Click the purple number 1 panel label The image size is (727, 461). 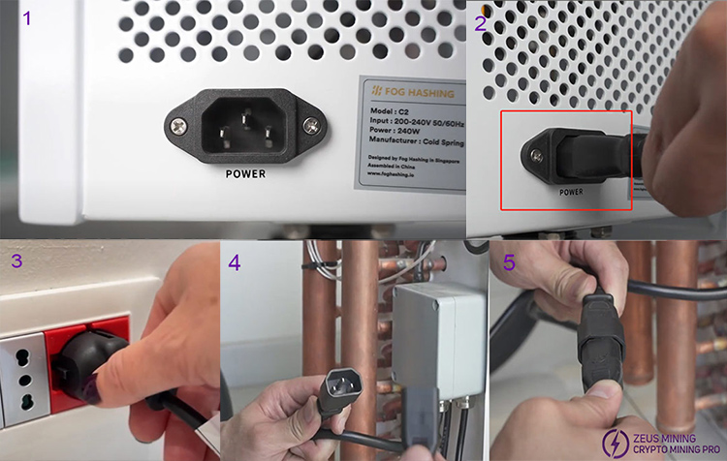[x=27, y=18]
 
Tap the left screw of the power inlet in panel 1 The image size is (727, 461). [x=179, y=124]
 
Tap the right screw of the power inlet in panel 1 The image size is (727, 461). [x=309, y=125]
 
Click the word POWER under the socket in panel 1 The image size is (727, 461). [x=244, y=175]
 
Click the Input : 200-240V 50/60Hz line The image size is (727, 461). [x=423, y=123]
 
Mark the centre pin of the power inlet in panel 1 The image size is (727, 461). [x=244, y=117]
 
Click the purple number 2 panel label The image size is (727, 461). [x=482, y=23]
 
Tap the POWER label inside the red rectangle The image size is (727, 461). [x=571, y=192]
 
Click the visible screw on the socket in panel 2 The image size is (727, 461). [x=539, y=152]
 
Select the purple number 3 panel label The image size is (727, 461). [x=16, y=261]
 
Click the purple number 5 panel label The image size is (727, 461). [x=507, y=261]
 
